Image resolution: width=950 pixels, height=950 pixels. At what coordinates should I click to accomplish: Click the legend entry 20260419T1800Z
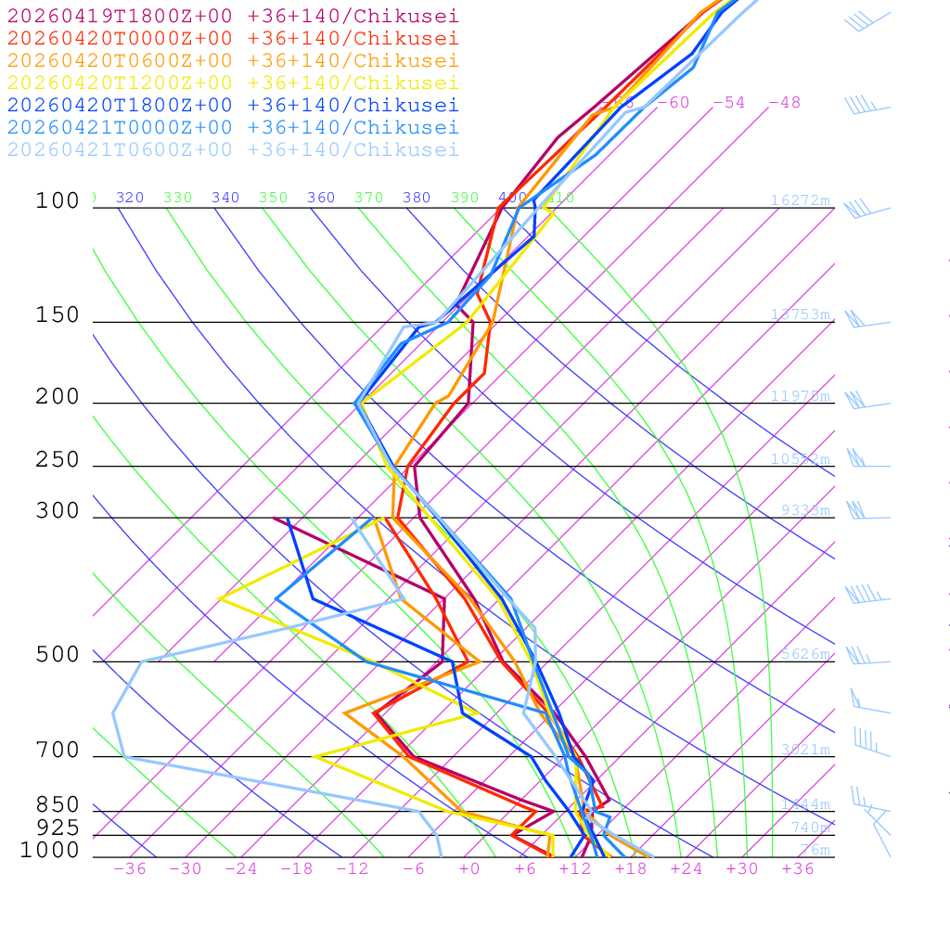pos(232,16)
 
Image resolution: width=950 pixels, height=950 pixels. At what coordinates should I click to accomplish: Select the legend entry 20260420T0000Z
pos(232,38)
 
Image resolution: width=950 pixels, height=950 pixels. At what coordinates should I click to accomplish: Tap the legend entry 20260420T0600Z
pos(232,60)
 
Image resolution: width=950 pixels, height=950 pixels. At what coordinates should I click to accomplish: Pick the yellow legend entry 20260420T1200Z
pos(232,83)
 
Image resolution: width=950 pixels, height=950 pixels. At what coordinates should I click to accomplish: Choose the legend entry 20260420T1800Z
pos(232,105)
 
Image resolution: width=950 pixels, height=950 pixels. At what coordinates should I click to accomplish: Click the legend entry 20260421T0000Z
pos(232,127)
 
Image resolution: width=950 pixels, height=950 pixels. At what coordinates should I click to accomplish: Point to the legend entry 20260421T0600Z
pos(232,149)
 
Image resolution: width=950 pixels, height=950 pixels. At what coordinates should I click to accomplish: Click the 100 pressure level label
pos(58,200)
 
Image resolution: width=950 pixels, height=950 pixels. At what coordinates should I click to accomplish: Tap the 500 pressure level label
pos(58,655)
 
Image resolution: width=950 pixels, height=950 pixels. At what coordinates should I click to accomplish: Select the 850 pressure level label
pos(58,805)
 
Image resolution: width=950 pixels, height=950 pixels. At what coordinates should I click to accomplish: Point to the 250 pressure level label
pos(58,460)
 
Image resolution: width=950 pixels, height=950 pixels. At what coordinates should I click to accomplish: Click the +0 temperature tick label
pos(469,868)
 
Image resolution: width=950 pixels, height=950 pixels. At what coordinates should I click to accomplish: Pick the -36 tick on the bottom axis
pos(129,868)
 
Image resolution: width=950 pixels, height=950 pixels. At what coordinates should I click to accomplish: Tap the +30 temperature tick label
pos(741,868)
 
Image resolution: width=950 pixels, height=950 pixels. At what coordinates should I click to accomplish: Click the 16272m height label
pos(800,200)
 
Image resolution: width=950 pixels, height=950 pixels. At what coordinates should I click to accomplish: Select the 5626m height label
pos(804,654)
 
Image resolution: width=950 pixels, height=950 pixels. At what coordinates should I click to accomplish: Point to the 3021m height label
pos(804,750)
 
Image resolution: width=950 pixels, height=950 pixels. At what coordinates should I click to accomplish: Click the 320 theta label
pos(129,198)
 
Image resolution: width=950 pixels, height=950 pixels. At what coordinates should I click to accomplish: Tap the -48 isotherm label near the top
pos(784,102)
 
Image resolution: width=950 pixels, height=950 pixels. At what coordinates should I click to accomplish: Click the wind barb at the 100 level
pos(863,209)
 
